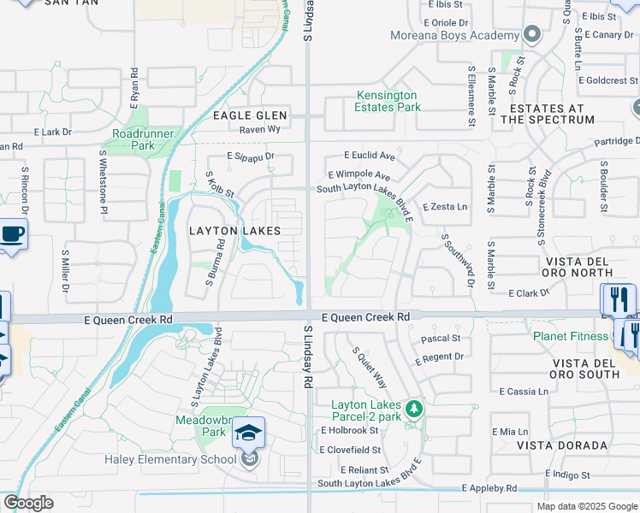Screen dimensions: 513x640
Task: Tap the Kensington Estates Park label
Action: [387, 101]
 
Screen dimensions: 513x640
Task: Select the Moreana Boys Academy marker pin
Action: [533, 35]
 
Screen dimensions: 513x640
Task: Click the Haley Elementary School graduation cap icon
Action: [248, 433]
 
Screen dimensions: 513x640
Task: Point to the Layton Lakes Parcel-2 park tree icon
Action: [414, 408]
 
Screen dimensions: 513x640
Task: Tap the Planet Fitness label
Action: [569, 336]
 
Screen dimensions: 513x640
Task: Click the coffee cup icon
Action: [12, 234]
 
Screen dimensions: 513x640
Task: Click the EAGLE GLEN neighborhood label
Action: [250, 115]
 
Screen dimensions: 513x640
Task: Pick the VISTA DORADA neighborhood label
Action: [562, 445]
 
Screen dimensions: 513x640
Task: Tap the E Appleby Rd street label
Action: [489, 488]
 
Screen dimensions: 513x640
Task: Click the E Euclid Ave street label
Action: [369, 156]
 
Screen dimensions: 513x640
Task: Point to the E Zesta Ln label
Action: [447, 207]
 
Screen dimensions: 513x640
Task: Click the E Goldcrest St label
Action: [608, 80]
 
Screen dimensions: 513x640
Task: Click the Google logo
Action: [28, 503]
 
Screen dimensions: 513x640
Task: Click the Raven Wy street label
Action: [260, 129]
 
